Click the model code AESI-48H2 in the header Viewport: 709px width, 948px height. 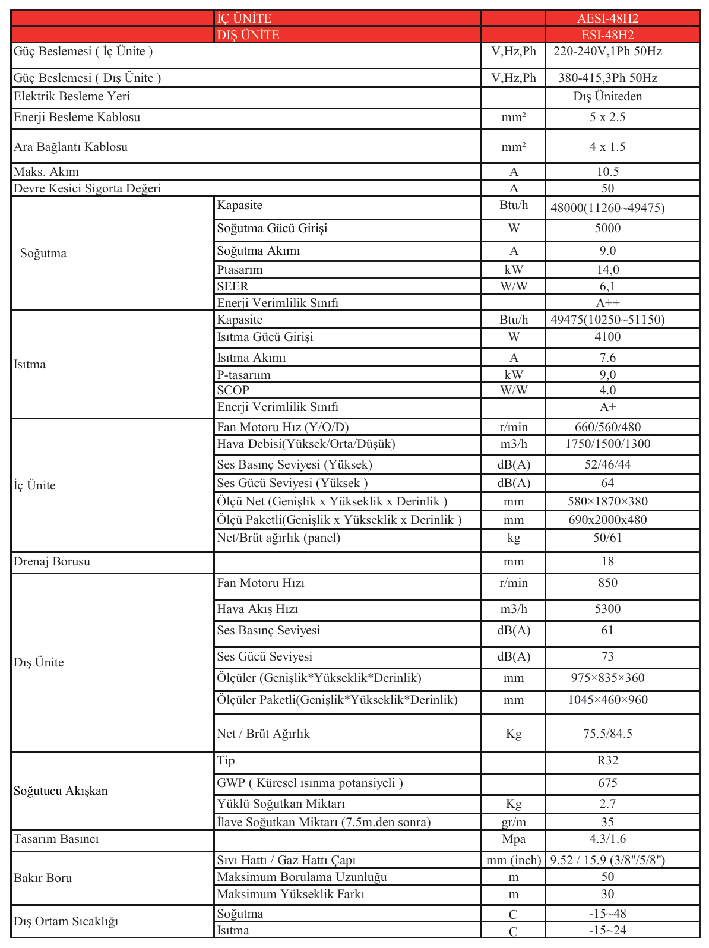pyautogui.click(x=607, y=18)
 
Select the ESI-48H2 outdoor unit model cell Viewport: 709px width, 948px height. pyautogui.click(x=607, y=35)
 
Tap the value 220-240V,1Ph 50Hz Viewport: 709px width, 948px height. pyautogui.click(x=607, y=52)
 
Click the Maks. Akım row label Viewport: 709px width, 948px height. pyautogui.click(x=46, y=172)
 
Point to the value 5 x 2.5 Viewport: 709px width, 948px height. pyautogui.click(x=607, y=118)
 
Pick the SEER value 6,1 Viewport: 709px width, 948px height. pyautogui.click(x=607, y=286)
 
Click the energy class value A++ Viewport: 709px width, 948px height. pyautogui.click(x=607, y=303)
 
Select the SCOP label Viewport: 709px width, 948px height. pyautogui.click(x=233, y=391)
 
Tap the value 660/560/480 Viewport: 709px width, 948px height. pyautogui.click(x=607, y=428)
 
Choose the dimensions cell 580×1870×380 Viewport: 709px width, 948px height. pyautogui.click(x=607, y=502)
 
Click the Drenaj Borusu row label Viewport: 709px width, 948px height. pyautogui.click(x=52, y=562)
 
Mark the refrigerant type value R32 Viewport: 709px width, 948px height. pyautogui.click(x=607, y=761)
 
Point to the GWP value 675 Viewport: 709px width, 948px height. pyautogui.click(x=607, y=783)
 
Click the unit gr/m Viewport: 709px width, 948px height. pyautogui.click(x=514, y=823)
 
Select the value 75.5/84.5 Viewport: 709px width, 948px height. pyautogui.click(x=607, y=734)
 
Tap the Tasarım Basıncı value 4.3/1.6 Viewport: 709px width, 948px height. pyautogui.click(x=607, y=839)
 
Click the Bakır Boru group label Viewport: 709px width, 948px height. pyautogui.click(x=43, y=879)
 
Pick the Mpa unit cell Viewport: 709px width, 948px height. pyautogui.click(x=514, y=839)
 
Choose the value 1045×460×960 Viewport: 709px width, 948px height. pyautogui.click(x=607, y=700)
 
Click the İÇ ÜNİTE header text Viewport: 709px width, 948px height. pyautogui.click(x=244, y=18)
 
